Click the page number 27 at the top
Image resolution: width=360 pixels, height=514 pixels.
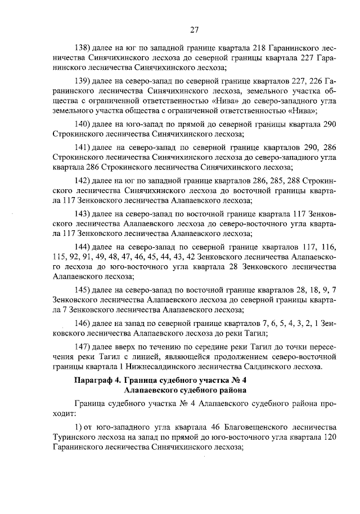(195, 30)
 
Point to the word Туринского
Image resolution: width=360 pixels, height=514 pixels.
(69, 433)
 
